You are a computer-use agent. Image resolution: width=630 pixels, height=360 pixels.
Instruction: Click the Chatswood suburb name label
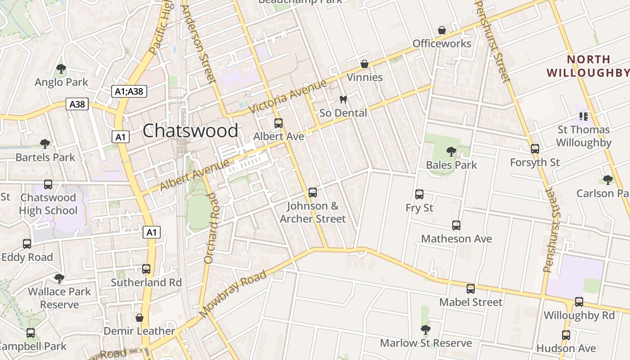190,131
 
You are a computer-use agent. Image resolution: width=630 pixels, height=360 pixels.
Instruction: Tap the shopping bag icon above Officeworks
442,30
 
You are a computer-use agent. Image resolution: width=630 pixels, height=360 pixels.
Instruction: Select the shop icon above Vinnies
364,64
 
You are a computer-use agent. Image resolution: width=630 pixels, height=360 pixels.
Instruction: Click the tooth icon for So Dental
343,100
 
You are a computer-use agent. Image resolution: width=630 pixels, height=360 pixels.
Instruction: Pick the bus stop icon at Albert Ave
279,123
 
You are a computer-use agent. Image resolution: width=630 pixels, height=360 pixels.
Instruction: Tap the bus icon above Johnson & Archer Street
313,193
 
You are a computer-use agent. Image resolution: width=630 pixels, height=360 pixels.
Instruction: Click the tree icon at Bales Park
451,152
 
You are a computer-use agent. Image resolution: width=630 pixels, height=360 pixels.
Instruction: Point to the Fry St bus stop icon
419,194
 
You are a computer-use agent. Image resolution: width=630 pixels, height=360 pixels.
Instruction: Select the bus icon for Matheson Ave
456,225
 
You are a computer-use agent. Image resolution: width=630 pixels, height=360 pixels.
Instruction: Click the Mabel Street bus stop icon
471,289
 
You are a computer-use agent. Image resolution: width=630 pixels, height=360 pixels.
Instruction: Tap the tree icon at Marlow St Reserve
426,330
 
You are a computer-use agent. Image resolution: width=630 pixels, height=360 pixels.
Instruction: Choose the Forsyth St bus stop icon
535,149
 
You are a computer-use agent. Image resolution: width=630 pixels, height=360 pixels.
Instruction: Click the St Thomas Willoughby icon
584,117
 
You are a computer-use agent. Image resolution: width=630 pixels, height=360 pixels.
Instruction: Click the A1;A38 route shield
129,91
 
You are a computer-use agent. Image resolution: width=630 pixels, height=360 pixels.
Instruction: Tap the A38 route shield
77,104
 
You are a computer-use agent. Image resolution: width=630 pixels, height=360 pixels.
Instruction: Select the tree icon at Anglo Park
61,69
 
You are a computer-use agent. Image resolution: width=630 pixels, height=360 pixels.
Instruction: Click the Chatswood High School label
48,204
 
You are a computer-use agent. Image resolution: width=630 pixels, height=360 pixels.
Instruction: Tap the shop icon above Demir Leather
139,318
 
